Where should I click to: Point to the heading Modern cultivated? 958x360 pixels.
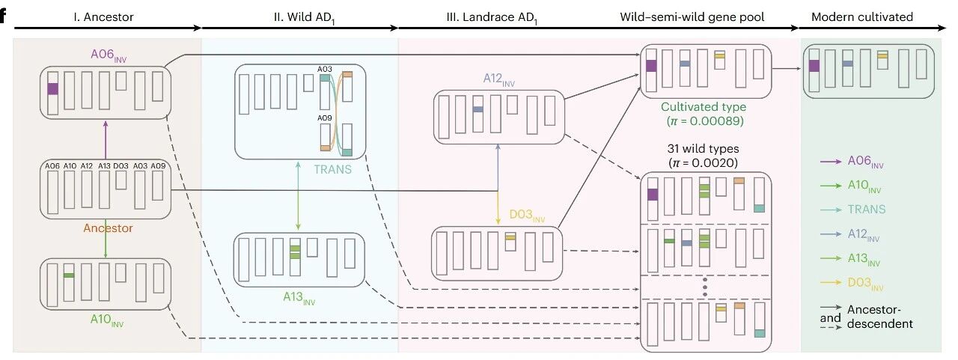pyautogui.click(x=871, y=17)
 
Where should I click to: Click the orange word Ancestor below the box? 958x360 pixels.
pyautogui.click(x=107, y=228)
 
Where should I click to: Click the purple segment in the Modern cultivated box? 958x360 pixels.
pyautogui.click(x=814, y=66)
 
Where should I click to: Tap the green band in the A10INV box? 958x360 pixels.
pyautogui.click(x=69, y=276)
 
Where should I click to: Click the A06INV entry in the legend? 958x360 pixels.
pyautogui.click(x=869, y=161)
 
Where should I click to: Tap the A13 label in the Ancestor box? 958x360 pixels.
pyautogui.click(x=105, y=165)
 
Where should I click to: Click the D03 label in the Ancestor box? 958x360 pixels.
pyautogui.click(x=122, y=165)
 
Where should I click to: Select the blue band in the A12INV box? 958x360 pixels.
pyautogui.click(x=478, y=109)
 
